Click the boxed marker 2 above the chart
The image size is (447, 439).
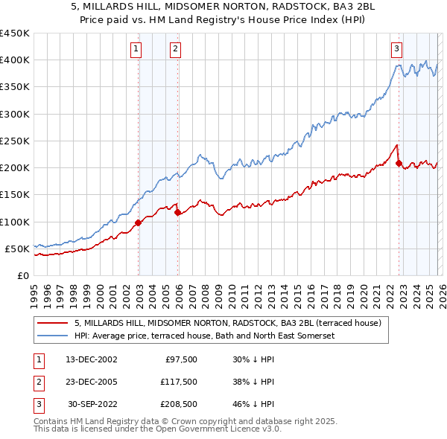click(174, 50)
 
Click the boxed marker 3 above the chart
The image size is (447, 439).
click(396, 50)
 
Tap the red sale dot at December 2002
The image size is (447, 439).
click(139, 222)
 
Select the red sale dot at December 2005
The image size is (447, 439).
click(178, 212)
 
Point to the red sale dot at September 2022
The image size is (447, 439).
click(399, 163)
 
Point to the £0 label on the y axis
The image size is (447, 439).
click(22, 276)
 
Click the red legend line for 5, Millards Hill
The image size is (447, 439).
click(54, 324)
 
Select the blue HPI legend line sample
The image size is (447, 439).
click(54, 336)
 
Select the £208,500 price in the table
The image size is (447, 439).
click(178, 405)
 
